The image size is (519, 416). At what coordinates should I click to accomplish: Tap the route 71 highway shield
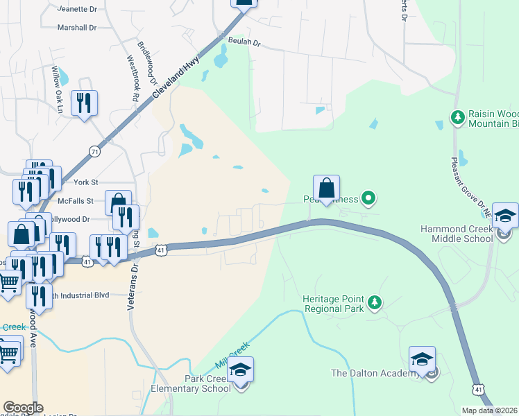[94, 150]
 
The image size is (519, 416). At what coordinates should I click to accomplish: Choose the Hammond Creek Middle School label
[457, 234]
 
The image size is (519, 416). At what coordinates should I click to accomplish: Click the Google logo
[23, 408]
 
